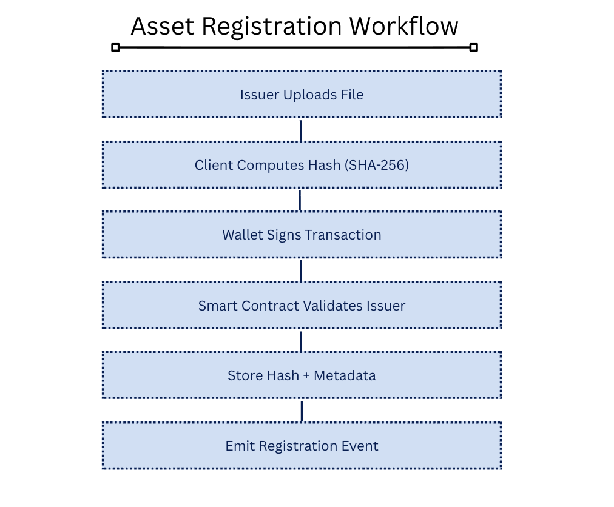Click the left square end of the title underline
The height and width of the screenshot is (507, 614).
point(116,47)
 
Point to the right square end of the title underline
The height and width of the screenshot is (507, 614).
point(474,47)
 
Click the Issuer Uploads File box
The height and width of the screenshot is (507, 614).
point(302,94)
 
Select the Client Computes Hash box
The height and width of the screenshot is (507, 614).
point(302,165)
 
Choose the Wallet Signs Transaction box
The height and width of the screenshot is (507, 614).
point(302,235)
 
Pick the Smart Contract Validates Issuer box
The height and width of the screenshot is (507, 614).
point(302,306)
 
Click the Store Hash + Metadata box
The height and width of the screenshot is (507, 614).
point(302,375)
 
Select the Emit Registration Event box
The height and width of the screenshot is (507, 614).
point(302,446)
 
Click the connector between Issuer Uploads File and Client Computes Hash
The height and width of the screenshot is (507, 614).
point(301,130)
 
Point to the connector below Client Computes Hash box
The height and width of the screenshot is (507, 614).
point(301,200)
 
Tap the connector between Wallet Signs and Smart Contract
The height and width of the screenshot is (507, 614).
point(301,270)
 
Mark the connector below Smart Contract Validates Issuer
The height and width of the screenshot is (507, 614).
point(301,340)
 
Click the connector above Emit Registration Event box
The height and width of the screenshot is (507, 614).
point(302,411)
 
